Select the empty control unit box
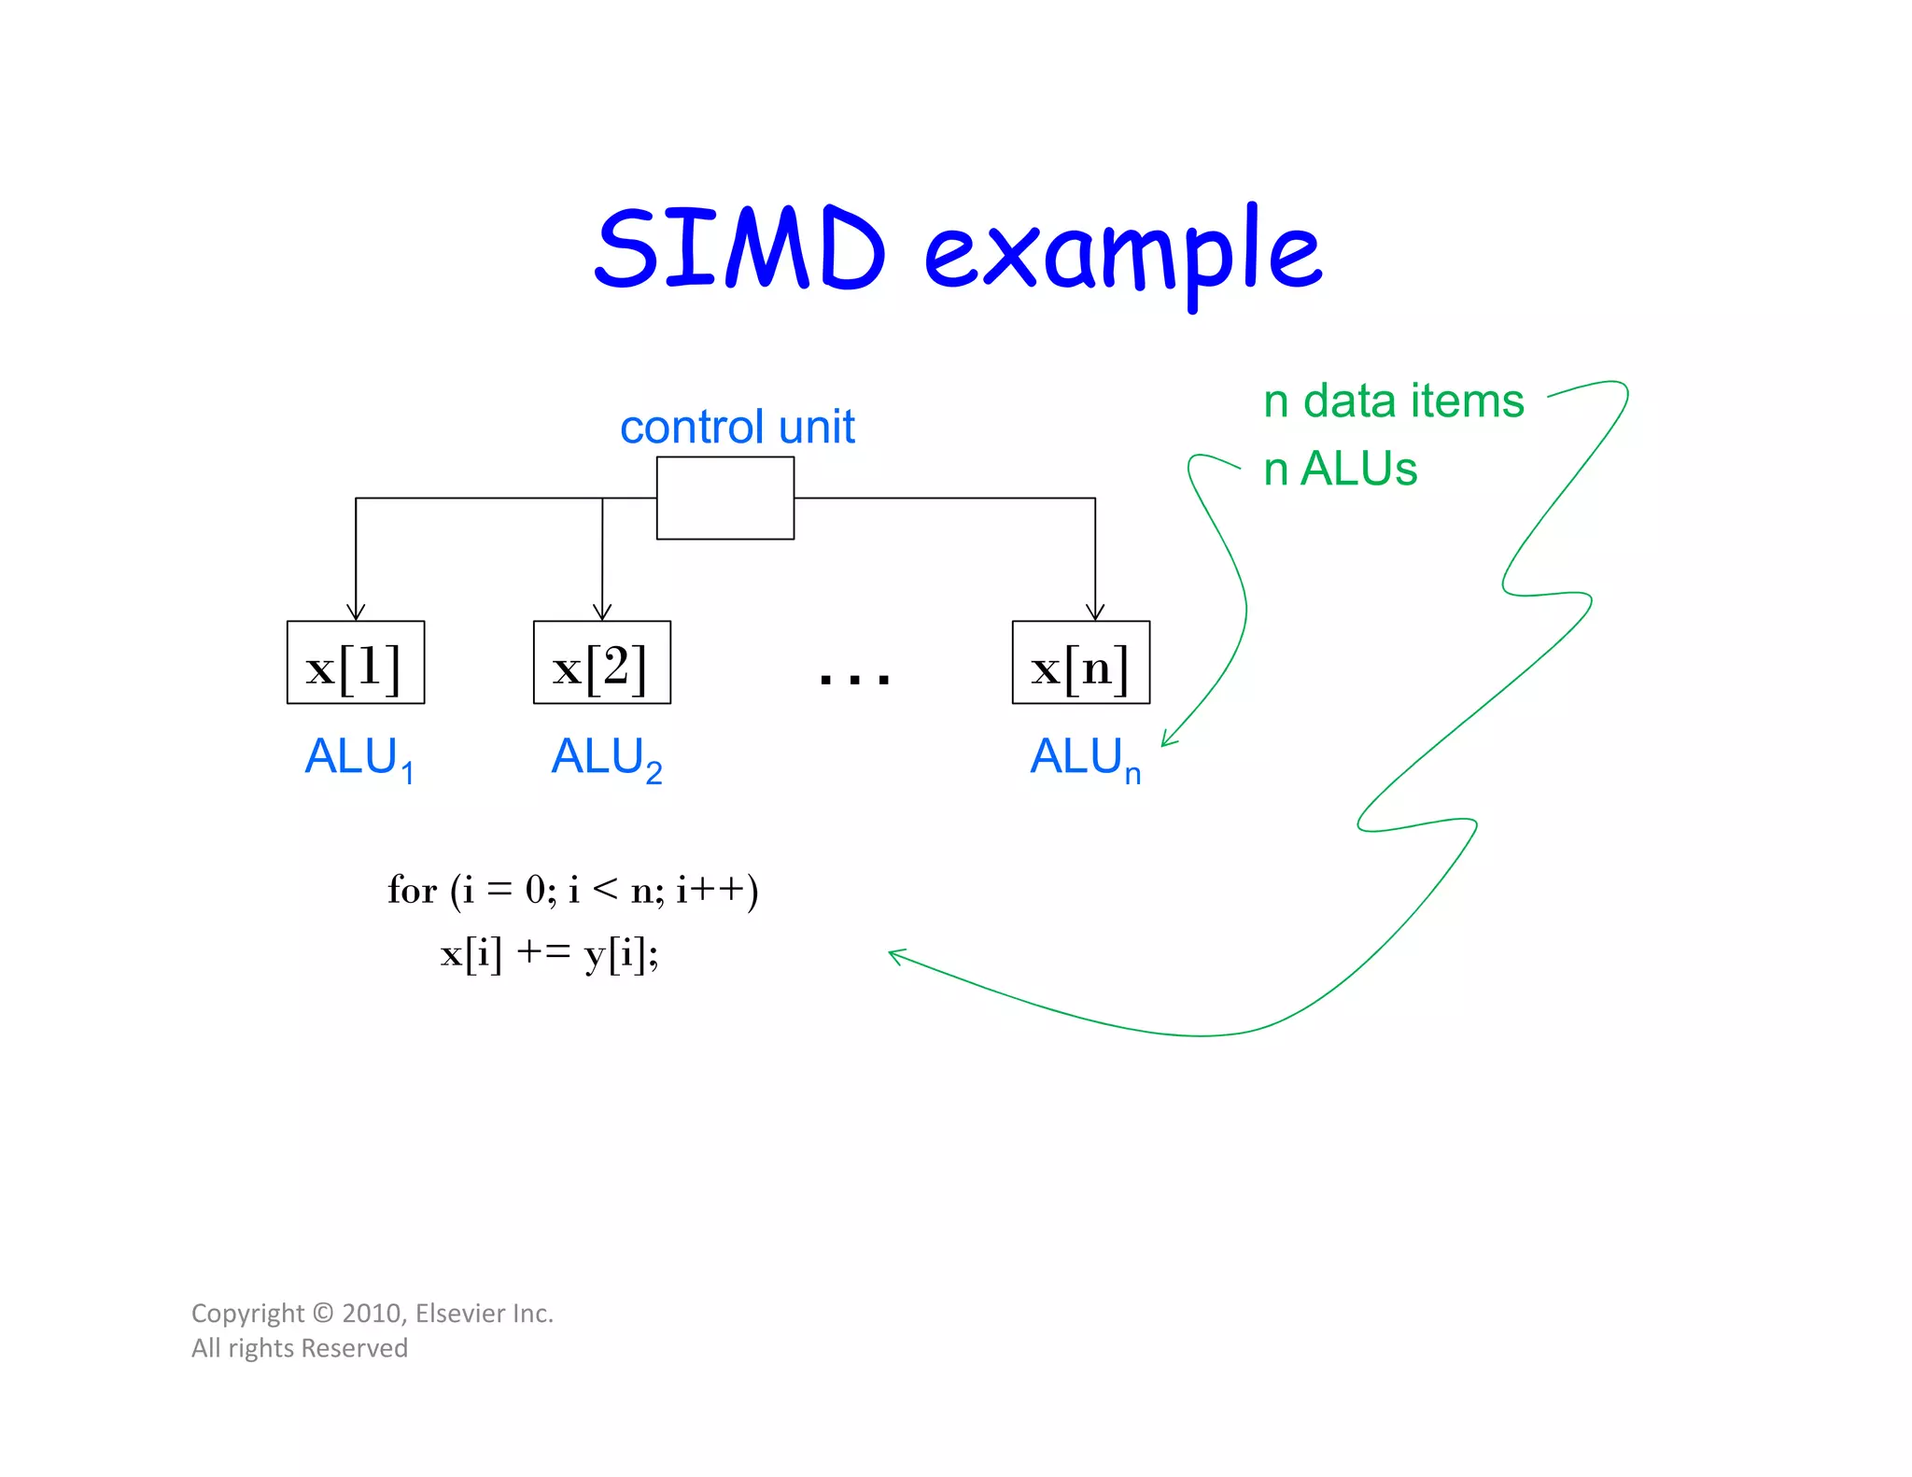pyautogui.click(x=724, y=498)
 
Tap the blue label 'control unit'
pyautogui.click(x=737, y=427)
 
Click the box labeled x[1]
pyautogui.click(x=355, y=662)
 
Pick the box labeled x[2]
pyautogui.click(x=601, y=662)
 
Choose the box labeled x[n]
pyautogui.click(x=1080, y=662)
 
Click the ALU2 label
pyautogui.click(x=606, y=757)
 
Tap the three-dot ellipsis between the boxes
pyautogui.click(x=854, y=677)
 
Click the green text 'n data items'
pyautogui.click(x=1393, y=401)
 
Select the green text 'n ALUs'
pyautogui.click(x=1340, y=469)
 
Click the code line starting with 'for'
pyautogui.click(x=572, y=890)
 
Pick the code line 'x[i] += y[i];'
pyautogui.click(x=549, y=954)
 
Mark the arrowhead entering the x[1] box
pyautogui.click(x=356, y=612)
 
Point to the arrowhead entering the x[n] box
pyautogui.click(x=1095, y=612)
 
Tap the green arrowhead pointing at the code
pyautogui.click(x=895, y=955)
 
